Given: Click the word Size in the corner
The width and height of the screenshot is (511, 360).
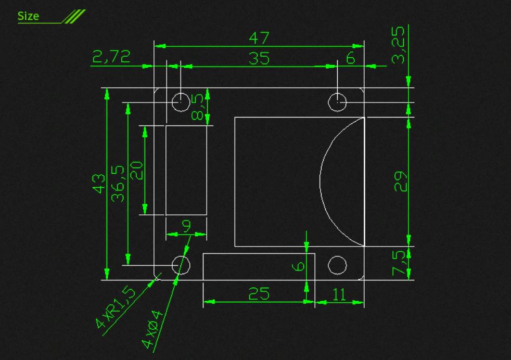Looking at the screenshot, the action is [28, 16].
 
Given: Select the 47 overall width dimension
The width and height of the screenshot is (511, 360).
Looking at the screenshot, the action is [259, 38].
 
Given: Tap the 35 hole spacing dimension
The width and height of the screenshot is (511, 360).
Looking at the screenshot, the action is [259, 58].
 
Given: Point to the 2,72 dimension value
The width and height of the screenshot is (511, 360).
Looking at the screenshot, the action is [111, 56].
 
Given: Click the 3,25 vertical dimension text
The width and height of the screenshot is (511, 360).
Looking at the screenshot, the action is [398, 45].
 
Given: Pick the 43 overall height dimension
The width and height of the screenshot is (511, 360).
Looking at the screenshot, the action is [99, 184].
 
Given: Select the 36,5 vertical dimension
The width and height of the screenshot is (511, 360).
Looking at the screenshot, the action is [118, 184].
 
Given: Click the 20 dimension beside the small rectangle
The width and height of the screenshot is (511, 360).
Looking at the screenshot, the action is [136, 171].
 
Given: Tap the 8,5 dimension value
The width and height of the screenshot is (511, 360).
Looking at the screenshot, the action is [198, 108].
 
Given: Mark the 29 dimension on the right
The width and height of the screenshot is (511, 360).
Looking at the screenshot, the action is [401, 182].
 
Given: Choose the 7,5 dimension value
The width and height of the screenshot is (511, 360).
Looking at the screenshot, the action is [399, 263].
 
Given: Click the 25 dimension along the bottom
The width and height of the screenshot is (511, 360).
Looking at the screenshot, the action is [259, 293].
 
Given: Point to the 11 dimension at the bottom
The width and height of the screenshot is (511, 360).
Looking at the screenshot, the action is [339, 294].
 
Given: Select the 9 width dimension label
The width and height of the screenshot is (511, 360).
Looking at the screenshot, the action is [187, 225].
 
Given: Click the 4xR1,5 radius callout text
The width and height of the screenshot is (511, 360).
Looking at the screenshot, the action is [115, 307].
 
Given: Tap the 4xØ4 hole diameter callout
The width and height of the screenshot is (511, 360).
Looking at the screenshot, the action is [152, 329].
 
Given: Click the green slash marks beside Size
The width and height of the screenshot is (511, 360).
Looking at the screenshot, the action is [74, 17].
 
